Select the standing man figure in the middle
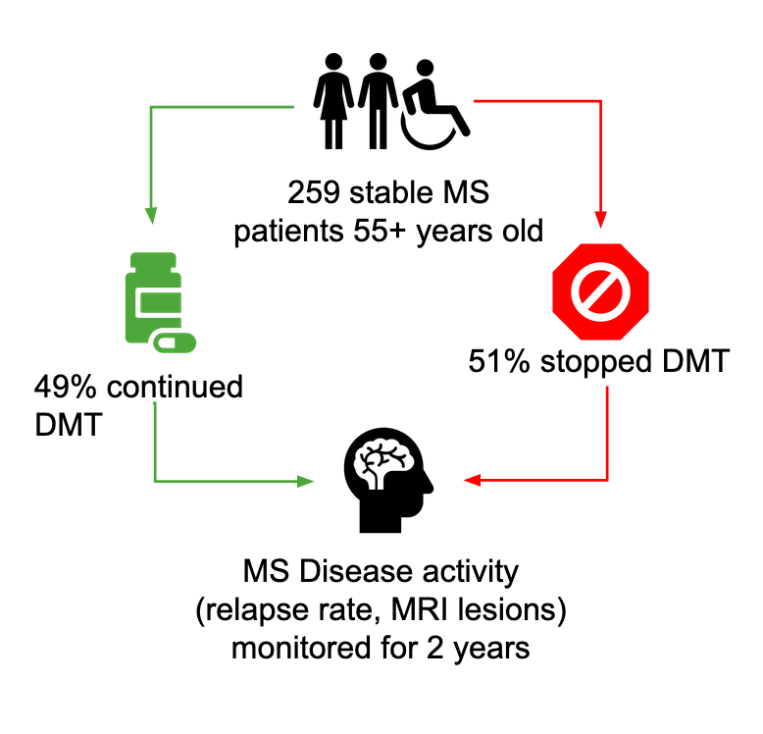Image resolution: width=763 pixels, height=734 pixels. coord(379,92)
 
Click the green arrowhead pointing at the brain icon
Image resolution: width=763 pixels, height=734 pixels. coord(304,481)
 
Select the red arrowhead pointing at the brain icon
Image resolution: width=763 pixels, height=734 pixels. coord(473,481)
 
